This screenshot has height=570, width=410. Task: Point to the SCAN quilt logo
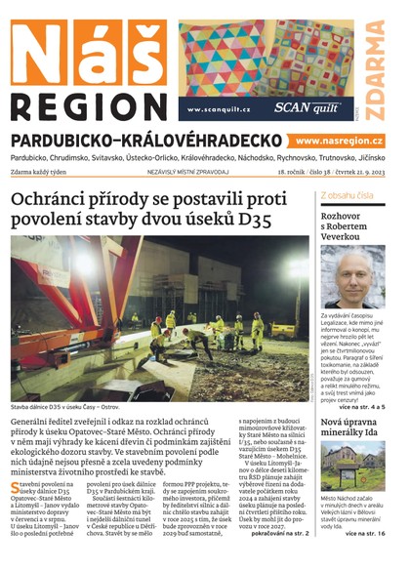click(301, 108)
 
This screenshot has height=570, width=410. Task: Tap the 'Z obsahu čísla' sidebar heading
click(347, 196)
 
